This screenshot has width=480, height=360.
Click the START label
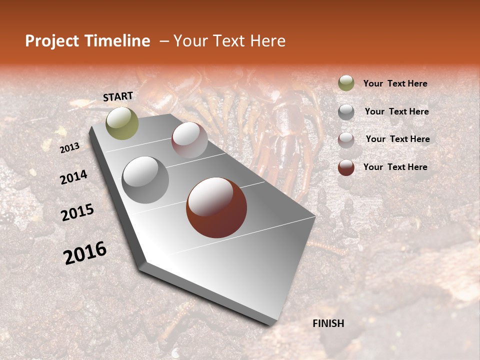(x=118, y=96)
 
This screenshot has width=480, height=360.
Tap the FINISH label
(x=328, y=323)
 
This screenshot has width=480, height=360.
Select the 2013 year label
(x=69, y=147)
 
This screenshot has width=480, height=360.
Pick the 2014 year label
(x=73, y=177)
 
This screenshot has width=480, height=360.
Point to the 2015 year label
(x=77, y=212)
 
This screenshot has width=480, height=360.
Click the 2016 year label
(x=85, y=252)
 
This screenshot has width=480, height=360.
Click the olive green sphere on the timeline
(x=122, y=123)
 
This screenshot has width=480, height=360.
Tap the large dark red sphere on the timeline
(x=216, y=207)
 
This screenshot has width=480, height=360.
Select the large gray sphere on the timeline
(x=145, y=179)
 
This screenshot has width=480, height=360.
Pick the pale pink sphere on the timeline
(x=189, y=140)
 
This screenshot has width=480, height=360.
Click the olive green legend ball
(x=346, y=83)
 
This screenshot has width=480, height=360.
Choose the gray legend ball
(x=346, y=112)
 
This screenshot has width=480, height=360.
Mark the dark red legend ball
(x=346, y=167)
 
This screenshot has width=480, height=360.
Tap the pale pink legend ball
(x=346, y=140)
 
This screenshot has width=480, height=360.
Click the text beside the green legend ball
(x=395, y=83)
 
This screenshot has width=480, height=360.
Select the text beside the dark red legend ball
(x=395, y=167)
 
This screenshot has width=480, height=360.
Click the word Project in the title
(x=52, y=41)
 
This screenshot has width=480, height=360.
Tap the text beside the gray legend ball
(x=396, y=111)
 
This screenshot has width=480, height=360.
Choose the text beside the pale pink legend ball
(x=397, y=139)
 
